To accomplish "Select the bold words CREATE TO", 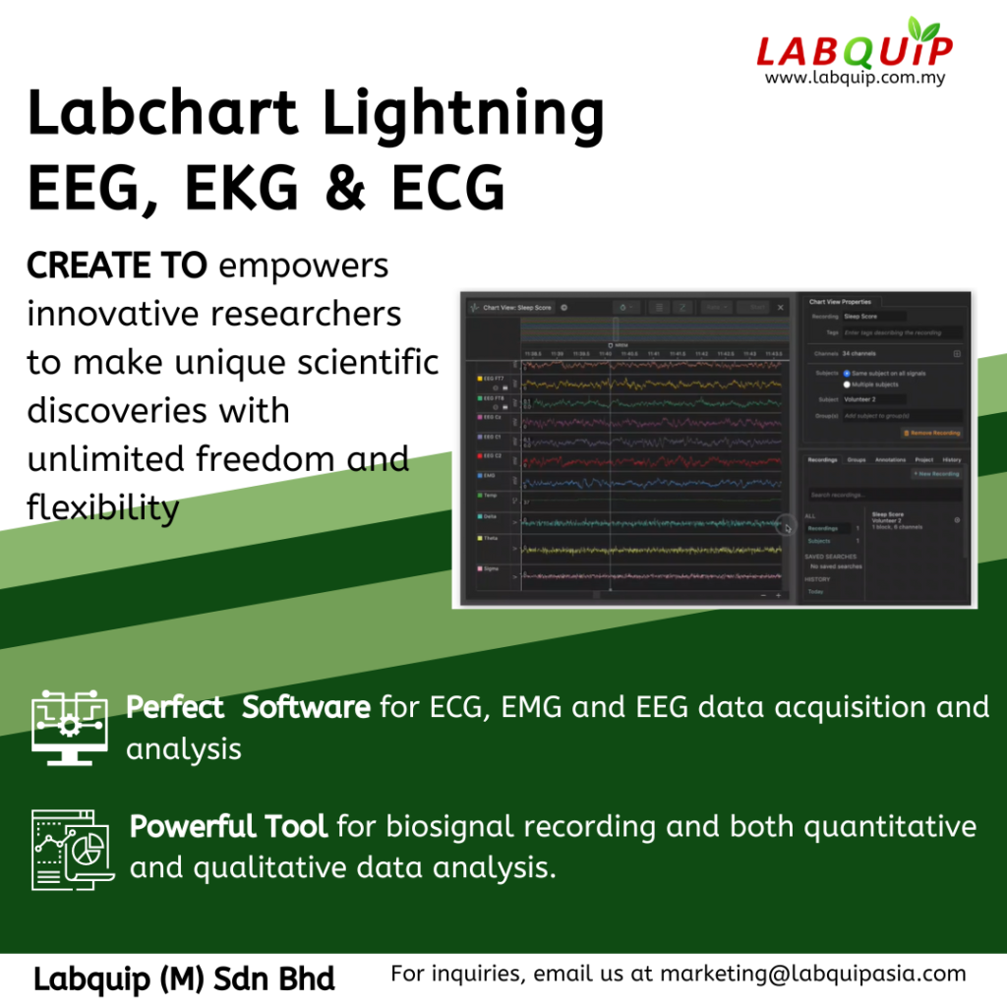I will click(x=116, y=266).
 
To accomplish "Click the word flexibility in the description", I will click(x=102, y=507).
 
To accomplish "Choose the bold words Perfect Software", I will click(x=248, y=707).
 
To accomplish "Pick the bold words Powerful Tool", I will click(x=228, y=826).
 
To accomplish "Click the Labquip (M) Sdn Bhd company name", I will click(x=184, y=978).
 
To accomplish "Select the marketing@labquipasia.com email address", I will click(x=812, y=974).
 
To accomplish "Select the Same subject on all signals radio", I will click(x=848, y=374).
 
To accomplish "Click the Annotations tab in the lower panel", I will click(x=890, y=459).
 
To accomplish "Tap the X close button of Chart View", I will click(x=781, y=308).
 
